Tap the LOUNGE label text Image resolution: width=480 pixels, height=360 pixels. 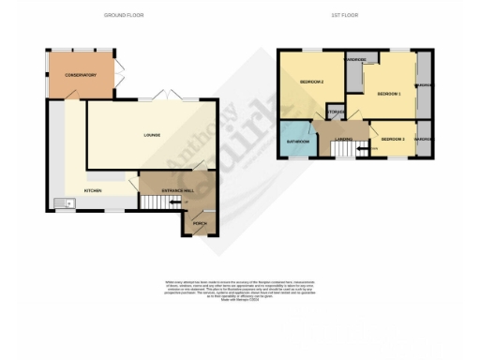(x=152, y=135)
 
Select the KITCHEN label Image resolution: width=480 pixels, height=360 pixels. (x=93, y=190)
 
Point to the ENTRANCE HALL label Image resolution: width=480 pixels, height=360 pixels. (x=177, y=190)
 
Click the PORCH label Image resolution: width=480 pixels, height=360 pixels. (x=200, y=223)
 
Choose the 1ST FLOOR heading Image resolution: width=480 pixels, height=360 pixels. (x=345, y=15)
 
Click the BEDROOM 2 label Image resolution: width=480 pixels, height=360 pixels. (x=311, y=82)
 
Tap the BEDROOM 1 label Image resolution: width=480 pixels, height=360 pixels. (x=388, y=94)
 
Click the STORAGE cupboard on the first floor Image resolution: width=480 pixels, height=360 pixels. (x=337, y=113)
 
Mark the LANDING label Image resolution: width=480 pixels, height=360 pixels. (x=343, y=139)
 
